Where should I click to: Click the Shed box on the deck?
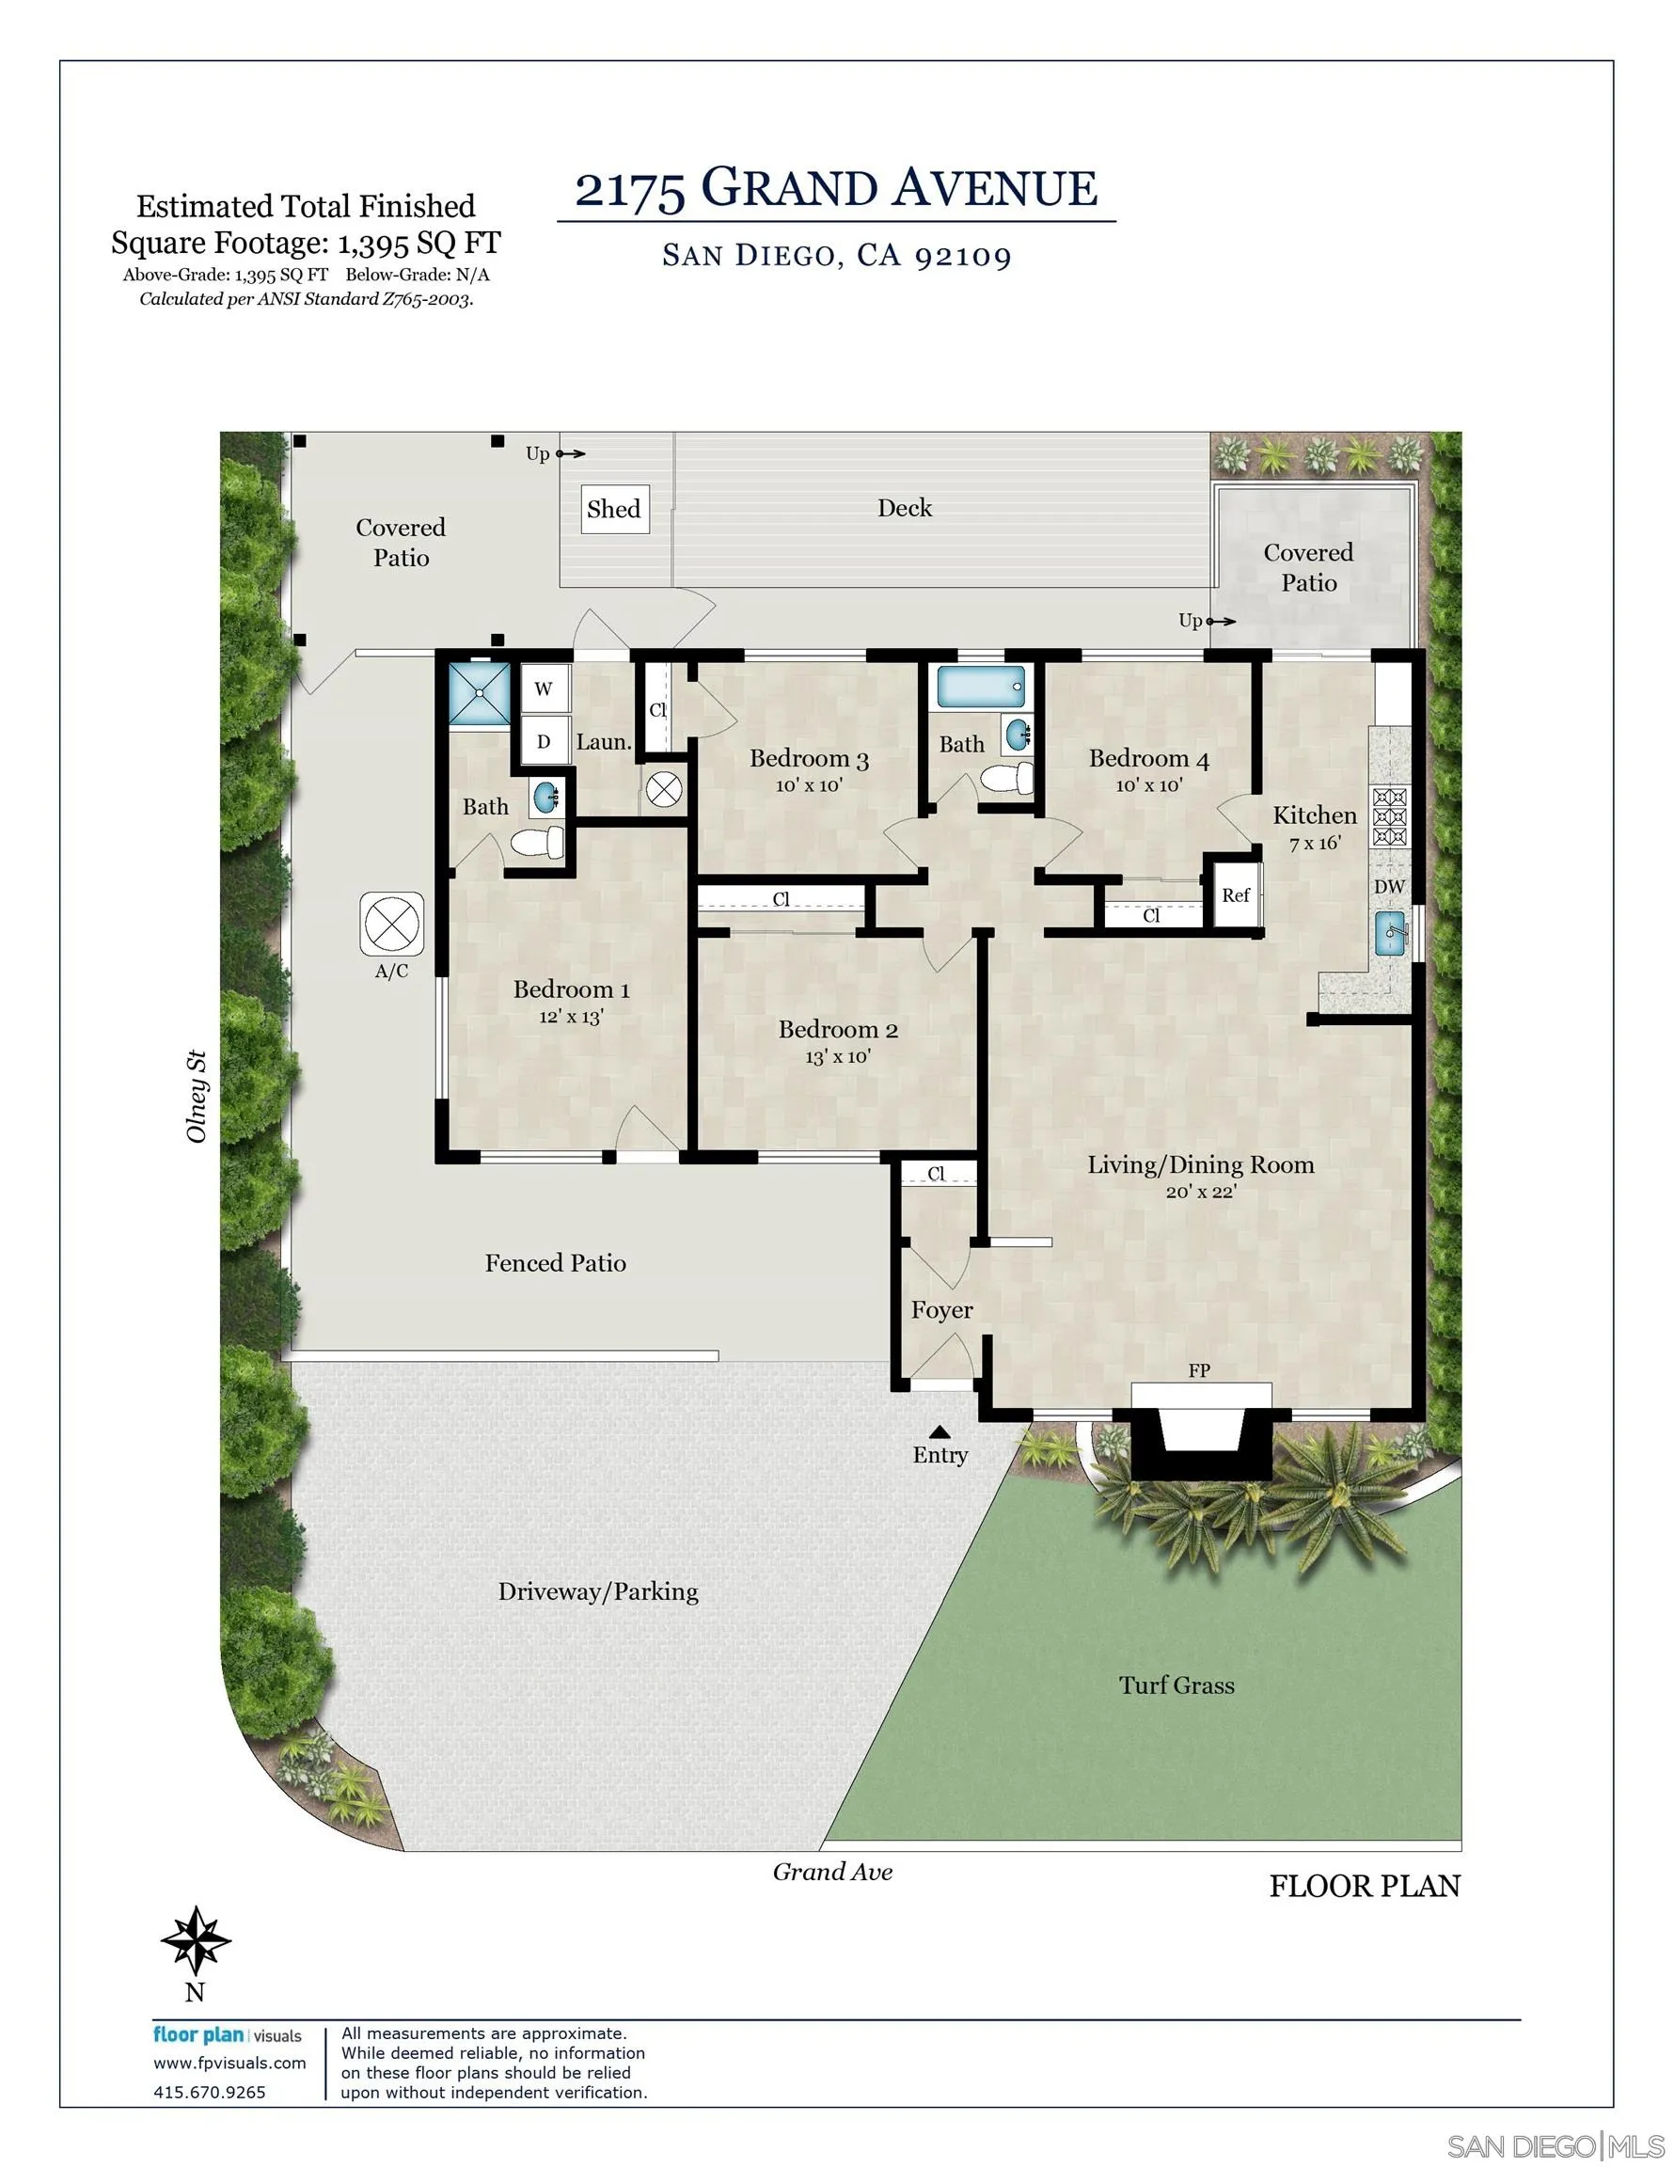[614, 509]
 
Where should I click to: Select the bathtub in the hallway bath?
[980, 687]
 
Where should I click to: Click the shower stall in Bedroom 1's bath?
[480, 692]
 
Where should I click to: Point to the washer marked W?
[544, 688]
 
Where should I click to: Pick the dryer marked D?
[544, 741]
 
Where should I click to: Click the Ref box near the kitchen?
[1236, 895]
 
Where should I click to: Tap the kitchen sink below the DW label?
[1389, 934]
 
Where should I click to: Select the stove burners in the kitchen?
[1389, 816]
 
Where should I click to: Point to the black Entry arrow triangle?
[940, 1431]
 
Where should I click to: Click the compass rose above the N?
[196, 1939]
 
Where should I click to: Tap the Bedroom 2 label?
[838, 1030]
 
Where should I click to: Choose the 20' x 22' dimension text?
[1201, 1192]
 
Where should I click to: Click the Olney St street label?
[197, 1097]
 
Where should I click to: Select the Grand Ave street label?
[832, 1873]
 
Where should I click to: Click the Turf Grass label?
[1177, 1685]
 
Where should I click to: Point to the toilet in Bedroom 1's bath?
[537, 844]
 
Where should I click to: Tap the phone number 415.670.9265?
[210, 2093]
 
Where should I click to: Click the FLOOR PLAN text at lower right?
[1365, 1886]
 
